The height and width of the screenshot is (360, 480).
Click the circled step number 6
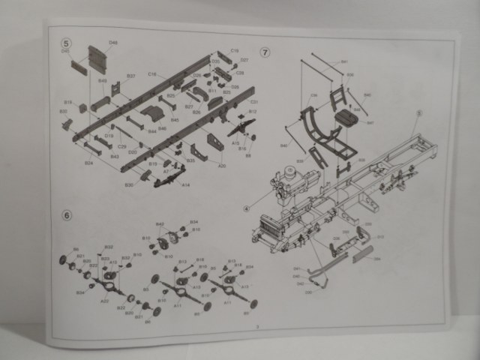[x=67, y=215]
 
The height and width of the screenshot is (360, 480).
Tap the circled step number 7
[x=264, y=52]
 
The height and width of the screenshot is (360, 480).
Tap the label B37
[x=130, y=76]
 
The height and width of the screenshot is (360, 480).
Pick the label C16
[x=152, y=74]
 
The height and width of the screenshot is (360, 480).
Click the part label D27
[x=244, y=60]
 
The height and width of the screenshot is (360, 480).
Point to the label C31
[x=253, y=102]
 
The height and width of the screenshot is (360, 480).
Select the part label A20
[x=222, y=166]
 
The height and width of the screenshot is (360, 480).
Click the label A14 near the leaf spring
[x=185, y=184]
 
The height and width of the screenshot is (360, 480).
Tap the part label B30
[x=128, y=184]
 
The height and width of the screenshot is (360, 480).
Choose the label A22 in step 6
[x=104, y=300]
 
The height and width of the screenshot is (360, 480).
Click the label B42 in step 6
[x=159, y=224]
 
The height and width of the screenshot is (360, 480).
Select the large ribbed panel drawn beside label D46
[x=97, y=58]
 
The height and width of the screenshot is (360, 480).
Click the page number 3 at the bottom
[x=256, y=325]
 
